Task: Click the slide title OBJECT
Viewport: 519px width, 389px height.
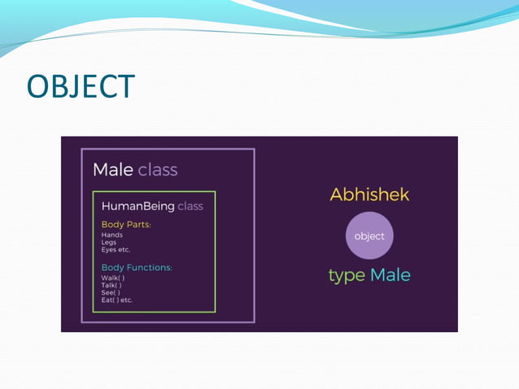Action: (81, 87)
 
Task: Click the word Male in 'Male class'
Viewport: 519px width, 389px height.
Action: (112, 170)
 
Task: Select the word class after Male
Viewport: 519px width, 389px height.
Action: (158, 170)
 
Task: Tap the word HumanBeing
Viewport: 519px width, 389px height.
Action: (137, 206)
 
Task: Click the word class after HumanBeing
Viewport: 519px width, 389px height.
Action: (190, 206)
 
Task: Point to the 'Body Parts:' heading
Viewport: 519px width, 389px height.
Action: (126, 224)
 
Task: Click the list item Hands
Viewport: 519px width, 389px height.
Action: (112, 234)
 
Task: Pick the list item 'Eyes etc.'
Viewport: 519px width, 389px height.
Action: (116, 250)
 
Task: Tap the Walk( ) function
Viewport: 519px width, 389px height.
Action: (113, 278)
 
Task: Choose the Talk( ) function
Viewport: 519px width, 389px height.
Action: (112, 285)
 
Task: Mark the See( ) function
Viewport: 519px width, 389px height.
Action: (111, 292)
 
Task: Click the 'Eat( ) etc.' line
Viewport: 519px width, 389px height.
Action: (117, 299)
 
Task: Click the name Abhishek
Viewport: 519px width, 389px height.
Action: (369, 194)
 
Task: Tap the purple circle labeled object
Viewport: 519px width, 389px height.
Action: (369, 236)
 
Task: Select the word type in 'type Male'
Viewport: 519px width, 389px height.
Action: (347, 275)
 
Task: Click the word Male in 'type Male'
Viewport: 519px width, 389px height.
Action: (390, 275)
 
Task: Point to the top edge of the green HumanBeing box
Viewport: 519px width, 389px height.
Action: (155, 192)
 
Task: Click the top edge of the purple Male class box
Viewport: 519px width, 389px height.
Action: (168, 149)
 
